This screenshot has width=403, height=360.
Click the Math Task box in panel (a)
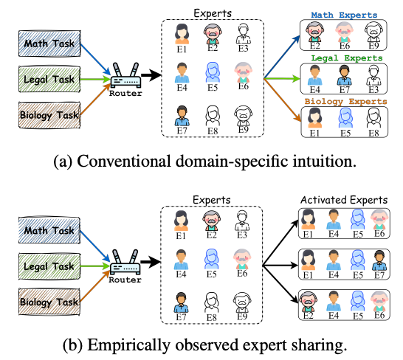tap(49, 44)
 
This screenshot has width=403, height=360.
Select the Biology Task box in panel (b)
tap(49, 302)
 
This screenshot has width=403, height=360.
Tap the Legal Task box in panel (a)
tap(49, 79)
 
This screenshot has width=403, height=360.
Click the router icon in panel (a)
tap(125, 75)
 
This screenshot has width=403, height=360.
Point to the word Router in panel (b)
tap(125, 280)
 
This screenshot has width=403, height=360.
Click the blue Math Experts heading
tap(344, 15)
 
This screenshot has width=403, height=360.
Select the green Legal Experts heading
tap(347, 58)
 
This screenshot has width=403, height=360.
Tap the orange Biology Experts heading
tap(346, 101)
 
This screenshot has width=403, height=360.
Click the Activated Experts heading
tap(344, 200)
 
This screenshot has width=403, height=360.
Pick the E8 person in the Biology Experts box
tap(373, 118)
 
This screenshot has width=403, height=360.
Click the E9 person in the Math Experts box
tap(373, 32)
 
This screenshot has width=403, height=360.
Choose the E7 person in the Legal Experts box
tap(345, 75)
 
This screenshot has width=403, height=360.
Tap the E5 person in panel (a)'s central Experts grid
tap(213, 72)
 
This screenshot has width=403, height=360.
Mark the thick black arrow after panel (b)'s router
tap(151, 262)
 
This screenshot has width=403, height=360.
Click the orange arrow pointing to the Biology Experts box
tap(282, 100)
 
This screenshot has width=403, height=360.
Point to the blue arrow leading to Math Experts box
tap(282, 57)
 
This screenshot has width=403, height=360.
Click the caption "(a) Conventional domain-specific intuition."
tap(205, 162)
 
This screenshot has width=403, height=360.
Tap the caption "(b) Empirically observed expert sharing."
tap(205, 345)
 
